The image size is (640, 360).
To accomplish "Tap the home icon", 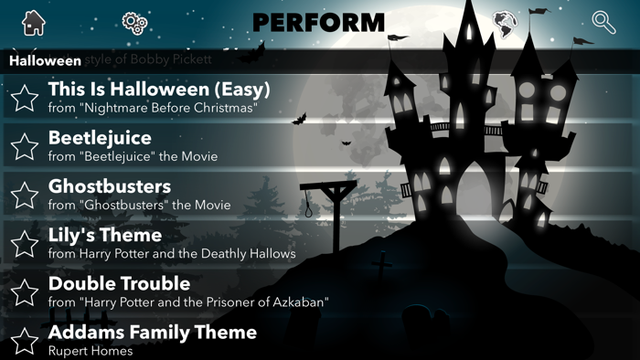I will pos(33,22).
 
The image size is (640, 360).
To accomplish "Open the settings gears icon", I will pos(134,23).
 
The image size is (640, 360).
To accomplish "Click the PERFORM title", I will pos(318,22).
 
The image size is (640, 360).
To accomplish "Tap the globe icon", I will pos(502,22).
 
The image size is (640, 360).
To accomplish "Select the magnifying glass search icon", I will pos(603,22).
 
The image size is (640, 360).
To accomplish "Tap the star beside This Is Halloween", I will pos(25,97).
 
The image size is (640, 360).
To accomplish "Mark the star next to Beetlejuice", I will pos(25,145).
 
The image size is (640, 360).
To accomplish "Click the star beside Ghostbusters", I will pos(25,194).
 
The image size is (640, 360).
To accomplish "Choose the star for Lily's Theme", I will pos(25,243).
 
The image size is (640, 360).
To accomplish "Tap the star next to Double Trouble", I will pos(25,291).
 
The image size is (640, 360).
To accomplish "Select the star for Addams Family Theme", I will pos(25,339).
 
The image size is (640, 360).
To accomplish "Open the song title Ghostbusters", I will pos(110,186).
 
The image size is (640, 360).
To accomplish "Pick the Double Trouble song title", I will pos(119,283).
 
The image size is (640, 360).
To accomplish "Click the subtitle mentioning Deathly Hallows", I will pos(172,253).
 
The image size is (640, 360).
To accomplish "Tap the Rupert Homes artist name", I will pos(91,350).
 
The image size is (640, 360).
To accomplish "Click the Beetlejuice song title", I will pos(100,138).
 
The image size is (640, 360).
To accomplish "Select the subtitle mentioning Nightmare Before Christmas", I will pos(152,108).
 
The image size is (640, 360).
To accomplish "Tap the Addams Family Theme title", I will pos(152,332).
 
